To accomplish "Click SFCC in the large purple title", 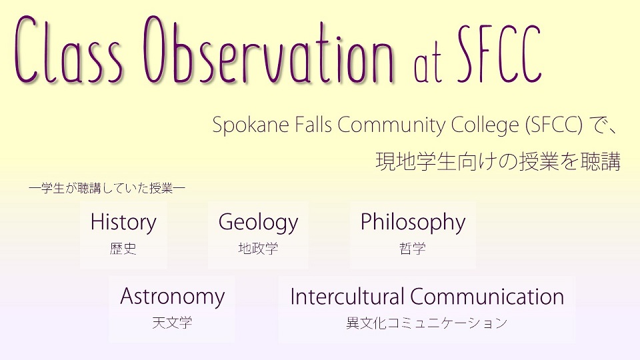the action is click(x=499, y=53).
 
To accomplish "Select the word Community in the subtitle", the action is click(x=391, y=125).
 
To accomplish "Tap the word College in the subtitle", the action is click(x=485, y=125).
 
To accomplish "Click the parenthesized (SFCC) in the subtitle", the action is click(x=554, y=125).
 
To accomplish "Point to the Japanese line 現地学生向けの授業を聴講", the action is click(x=498, y=161).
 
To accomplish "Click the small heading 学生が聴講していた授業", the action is click(x=107, y=188).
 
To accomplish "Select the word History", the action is click(x=123, y=223).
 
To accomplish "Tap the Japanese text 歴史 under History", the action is click(x=123, y=248).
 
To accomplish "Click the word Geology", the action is click(x=258, y=223).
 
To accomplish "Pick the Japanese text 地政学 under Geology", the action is click(x=258, y=248).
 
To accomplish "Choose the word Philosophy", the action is click(x=413, y=223).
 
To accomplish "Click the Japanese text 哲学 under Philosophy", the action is click(x=413, y=248).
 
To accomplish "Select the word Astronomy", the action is click(x=172, y=297).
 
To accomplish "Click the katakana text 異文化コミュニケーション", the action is click(x=427, y=323).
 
